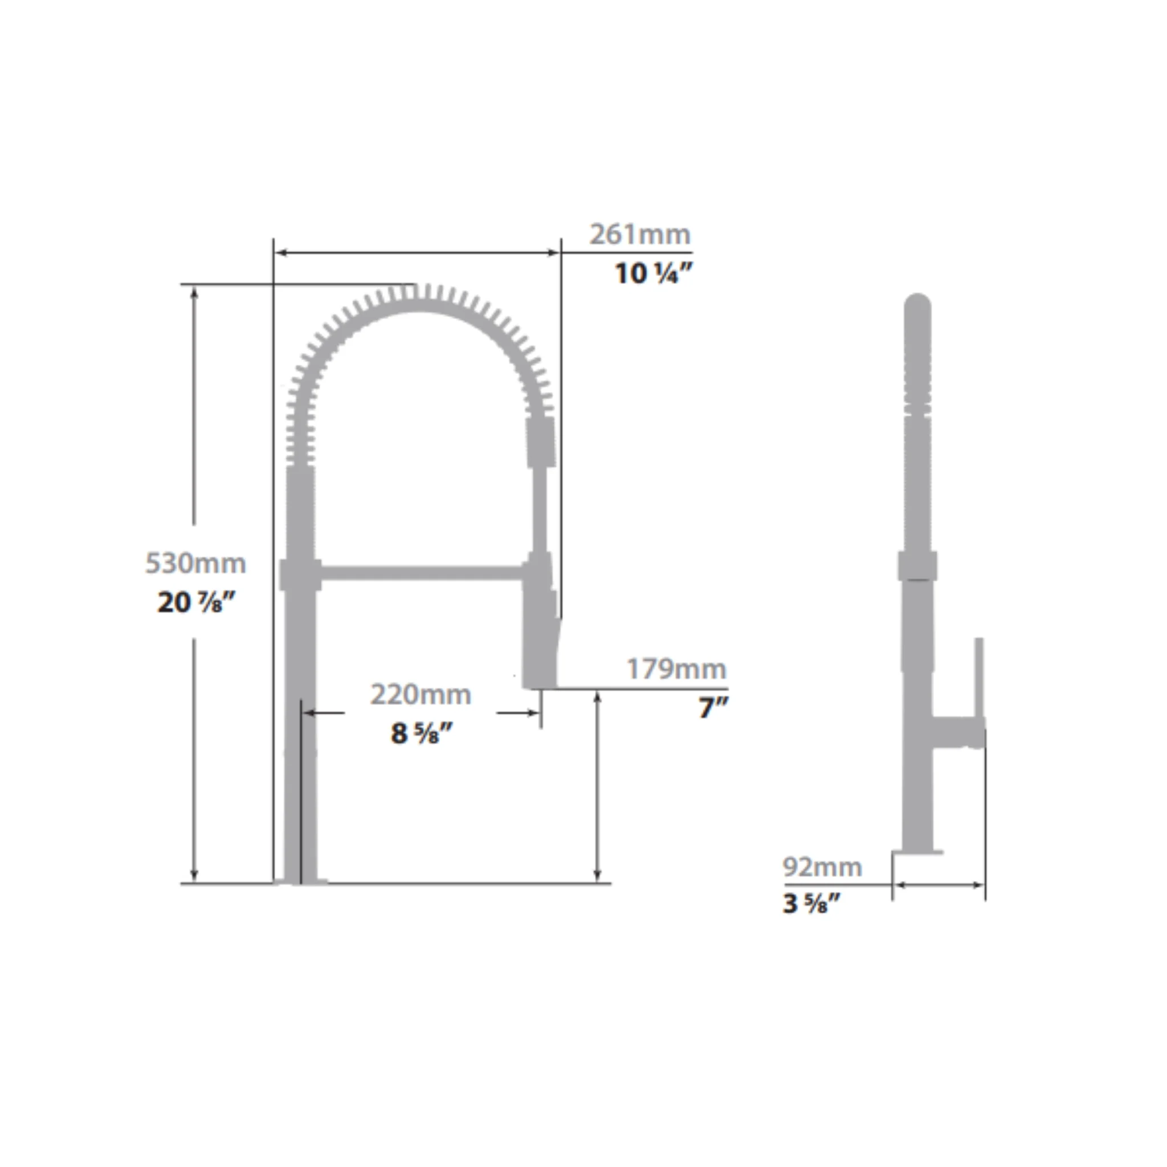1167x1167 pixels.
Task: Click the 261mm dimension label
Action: pos(640,234)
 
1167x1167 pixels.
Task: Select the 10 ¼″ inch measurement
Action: pos(653,274)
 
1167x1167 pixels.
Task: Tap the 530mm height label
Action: pos(195,563)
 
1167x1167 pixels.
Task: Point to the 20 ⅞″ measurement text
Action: pos(195,602)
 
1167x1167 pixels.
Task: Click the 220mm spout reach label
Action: pos(421,695)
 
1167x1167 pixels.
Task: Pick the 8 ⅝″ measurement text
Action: pos(422,734)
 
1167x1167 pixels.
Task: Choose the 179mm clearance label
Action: pos(676,668)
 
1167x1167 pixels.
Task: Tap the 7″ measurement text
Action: pos(713,707)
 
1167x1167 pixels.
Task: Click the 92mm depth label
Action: pos(822,867)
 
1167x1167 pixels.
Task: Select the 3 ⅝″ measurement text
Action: pos(811,904)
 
